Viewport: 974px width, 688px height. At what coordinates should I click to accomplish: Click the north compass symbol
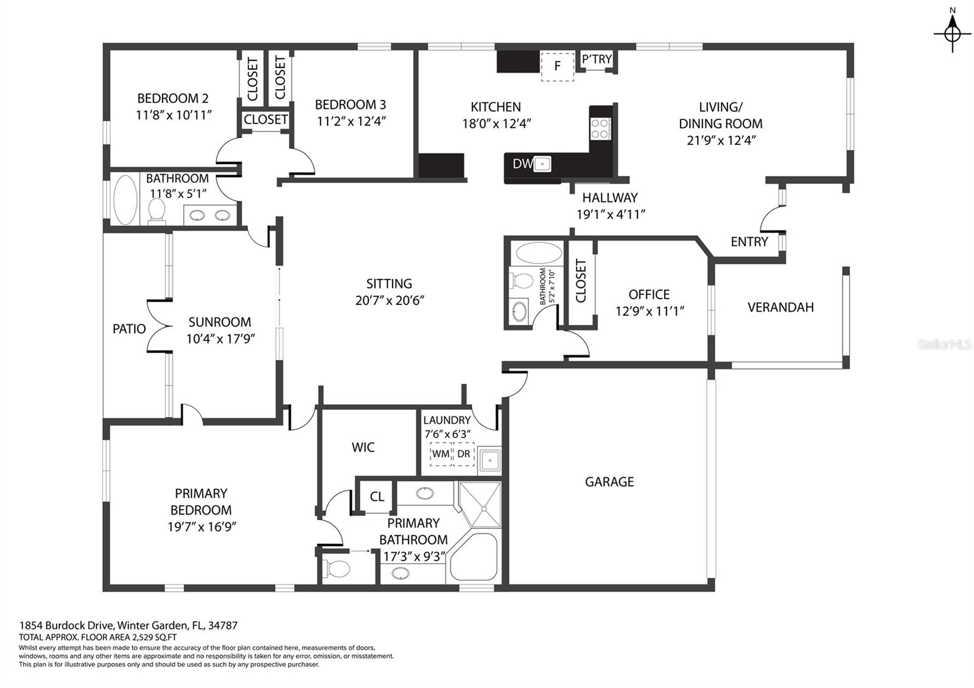[953, 33]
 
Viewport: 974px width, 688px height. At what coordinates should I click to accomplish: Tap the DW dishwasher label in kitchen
[522, 163]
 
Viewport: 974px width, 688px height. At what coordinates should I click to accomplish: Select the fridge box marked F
[558, 66]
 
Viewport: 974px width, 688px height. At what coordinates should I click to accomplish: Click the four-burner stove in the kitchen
[600, 128]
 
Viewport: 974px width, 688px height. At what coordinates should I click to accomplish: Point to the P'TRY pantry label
[597, 59]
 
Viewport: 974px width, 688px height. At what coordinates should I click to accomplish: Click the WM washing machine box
[441, 454]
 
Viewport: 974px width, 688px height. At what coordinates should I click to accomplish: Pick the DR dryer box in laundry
[464, 454]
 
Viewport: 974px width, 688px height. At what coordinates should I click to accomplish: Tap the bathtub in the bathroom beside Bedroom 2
[126, 200]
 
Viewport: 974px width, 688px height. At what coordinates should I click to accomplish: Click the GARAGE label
[609, 482]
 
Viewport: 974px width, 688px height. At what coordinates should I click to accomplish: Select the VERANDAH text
[780, 307]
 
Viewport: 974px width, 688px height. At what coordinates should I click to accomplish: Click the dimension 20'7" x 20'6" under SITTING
[390, 300]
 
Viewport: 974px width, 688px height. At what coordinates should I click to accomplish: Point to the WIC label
[363, 448]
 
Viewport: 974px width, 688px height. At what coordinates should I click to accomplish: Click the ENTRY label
[749, 242]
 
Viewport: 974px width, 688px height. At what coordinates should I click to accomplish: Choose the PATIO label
[129, 329]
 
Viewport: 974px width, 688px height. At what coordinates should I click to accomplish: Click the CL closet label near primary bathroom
[377, 496]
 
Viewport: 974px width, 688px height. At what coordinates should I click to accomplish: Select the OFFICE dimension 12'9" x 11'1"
[650, 311]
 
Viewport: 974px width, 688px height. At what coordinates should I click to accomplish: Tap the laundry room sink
[489, 460]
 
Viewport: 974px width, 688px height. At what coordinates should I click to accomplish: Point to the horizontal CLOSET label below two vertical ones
[265, 120]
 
